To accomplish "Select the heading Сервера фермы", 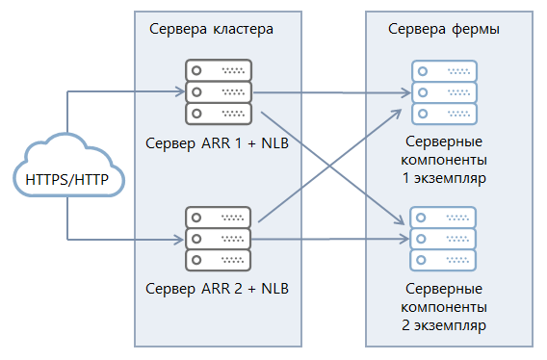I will coord(443,28).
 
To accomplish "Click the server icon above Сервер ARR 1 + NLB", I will coord(217,92).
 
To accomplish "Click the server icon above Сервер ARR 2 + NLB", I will coord(217,237).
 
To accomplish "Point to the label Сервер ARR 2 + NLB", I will coord(217,288).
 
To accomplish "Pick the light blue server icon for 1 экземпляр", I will coord(444,92).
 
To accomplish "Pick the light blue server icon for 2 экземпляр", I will coord(444,237).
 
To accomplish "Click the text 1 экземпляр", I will coord(444,178).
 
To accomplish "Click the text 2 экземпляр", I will coord(444,325).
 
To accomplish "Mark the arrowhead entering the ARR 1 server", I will coord(178,92).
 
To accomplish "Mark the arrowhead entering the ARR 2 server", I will coord(178,238).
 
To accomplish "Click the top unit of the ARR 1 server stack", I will coord(217,71).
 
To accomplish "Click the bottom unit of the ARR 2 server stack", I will coord(217,259).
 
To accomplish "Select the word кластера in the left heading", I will coord(242,28).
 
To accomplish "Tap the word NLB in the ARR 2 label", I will coord(275,288).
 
